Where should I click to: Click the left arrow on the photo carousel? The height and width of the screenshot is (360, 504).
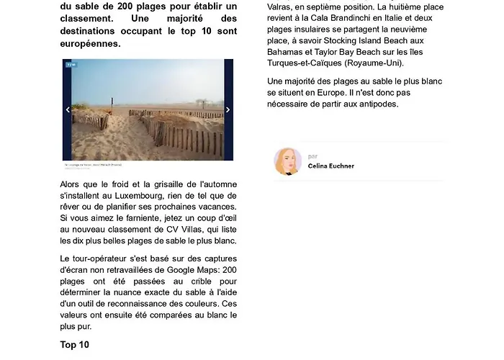click(x=68, y=110)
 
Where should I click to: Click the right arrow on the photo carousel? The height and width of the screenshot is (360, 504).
click(x=228, y=110)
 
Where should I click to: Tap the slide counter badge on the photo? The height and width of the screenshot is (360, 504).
click(x=71, y=65)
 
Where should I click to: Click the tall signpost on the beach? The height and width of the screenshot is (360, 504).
click(x=112, y=104)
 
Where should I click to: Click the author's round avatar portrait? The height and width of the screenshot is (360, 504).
click(x=288, y=161)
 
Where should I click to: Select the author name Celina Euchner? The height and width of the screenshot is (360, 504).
click(x=330, y=166)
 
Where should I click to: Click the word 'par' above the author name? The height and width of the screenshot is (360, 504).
click(x=312, y=156)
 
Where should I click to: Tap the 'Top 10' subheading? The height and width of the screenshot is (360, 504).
click(x=75, y=345)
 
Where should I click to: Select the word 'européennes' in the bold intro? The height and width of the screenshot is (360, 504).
click(x=91, y=44)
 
